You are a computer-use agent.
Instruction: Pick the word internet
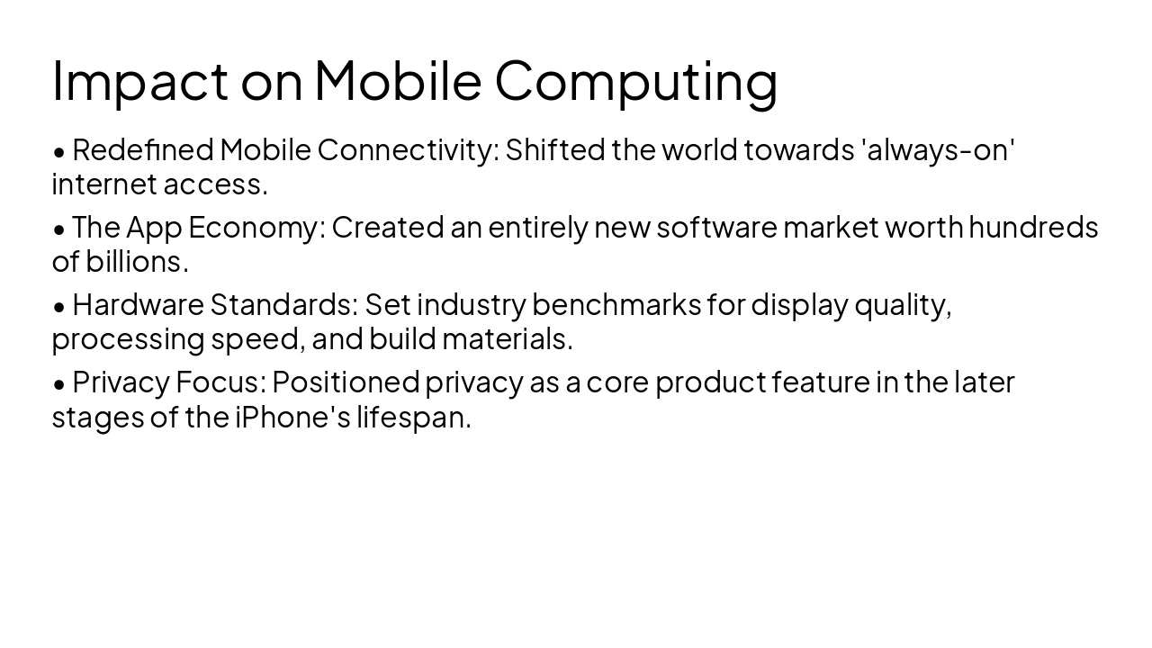point(103,184)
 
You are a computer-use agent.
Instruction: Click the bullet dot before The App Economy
point(59,229)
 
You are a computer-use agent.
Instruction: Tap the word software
point(716,228)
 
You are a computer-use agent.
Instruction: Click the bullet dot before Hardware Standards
point(59,306)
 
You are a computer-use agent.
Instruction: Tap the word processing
point(128,340)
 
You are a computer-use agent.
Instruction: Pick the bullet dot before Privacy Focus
point(59,383)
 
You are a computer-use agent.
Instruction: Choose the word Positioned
point(346,382)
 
